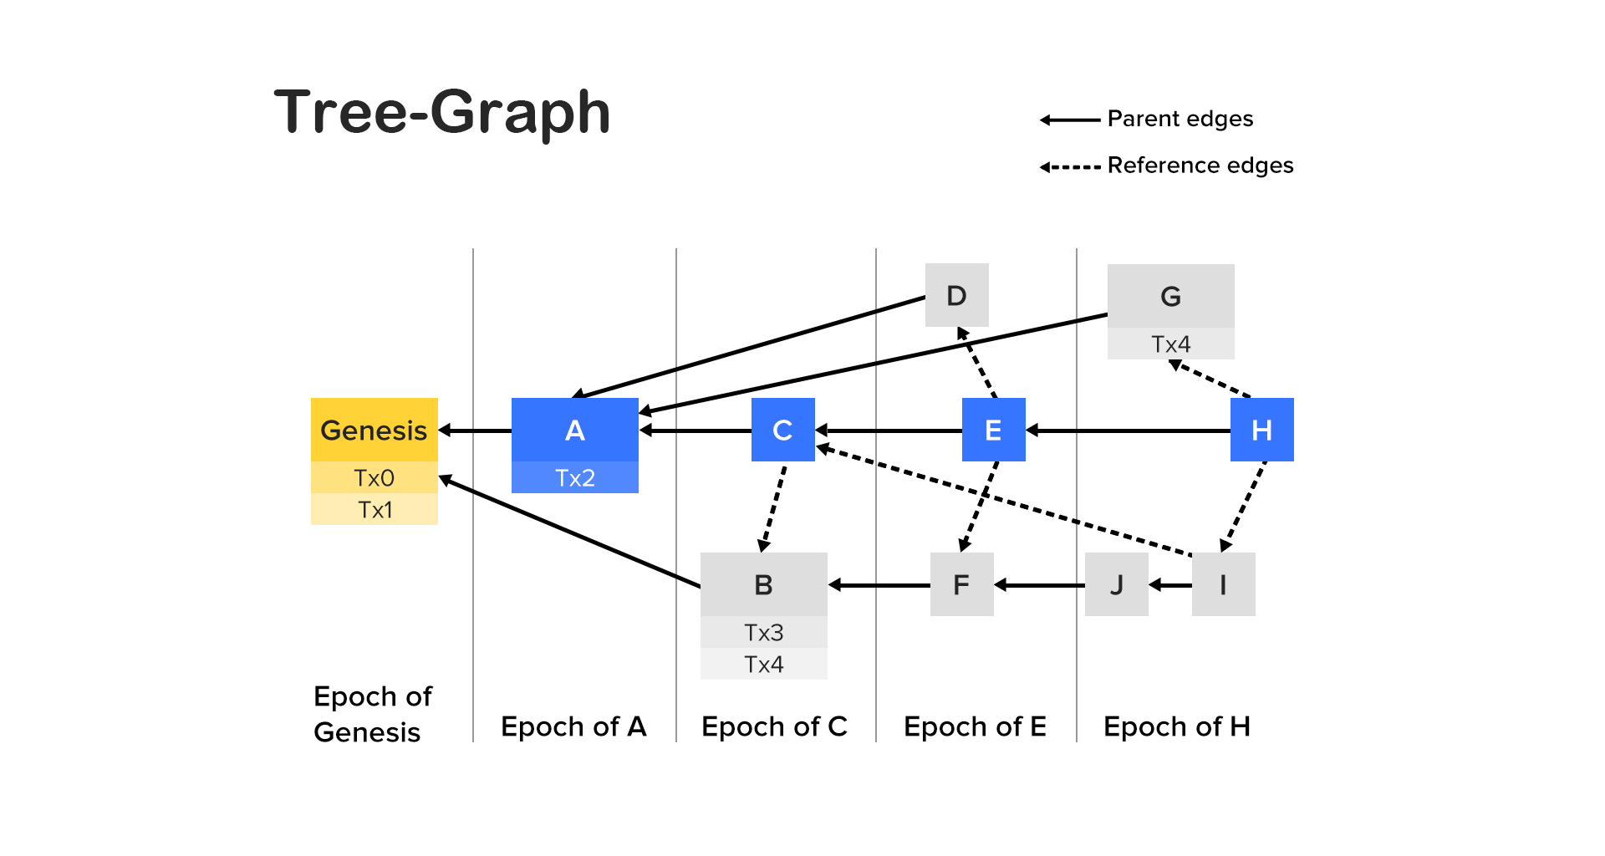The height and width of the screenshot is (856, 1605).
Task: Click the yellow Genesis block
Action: [x=374, y=430]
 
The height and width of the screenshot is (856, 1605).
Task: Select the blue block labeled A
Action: [x=574, y=430]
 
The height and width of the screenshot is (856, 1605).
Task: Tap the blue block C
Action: [x=782, y=430]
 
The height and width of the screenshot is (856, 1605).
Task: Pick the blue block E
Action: [x=993, y=430]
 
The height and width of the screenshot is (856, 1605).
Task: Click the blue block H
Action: [x=1261, y=430]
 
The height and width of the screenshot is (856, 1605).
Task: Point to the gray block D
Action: [x=956, y=295]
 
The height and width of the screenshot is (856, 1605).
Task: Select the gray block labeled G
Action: [x=1170, y=296]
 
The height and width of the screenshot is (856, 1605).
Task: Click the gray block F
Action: [x=961, y=584]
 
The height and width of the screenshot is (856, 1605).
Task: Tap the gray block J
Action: [x=1116, y=584]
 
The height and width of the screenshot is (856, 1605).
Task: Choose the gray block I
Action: [x=1223, y=584]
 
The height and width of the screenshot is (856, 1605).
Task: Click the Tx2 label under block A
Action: [x=574, y=478]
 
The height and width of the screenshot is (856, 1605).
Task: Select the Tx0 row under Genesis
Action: [x=374, y=477]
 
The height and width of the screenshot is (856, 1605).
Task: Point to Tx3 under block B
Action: [x=763, y=633]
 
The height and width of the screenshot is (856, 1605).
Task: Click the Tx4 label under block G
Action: [x=1170, y=344]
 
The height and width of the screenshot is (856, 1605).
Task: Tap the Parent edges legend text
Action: [x=1180, y=119]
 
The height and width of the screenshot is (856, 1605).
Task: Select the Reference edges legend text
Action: [x=1200, y=166]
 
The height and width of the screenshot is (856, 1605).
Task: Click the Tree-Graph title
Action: [x=442, y=112]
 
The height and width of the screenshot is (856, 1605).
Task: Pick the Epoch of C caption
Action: [x=774, y=726]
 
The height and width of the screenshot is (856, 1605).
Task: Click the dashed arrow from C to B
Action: [x=773, y=507]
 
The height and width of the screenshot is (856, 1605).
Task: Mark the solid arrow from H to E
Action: [x=1129, y=431]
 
